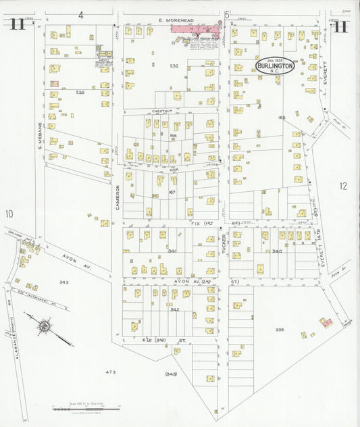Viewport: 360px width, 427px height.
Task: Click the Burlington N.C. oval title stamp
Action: [274, 66]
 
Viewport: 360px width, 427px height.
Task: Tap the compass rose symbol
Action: [44, 326]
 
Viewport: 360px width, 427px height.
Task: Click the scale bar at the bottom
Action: [86, 407]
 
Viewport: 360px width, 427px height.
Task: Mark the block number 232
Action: [174, 66]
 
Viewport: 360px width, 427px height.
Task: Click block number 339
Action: [280, 330]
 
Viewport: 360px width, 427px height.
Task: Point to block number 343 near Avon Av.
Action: [63, 282]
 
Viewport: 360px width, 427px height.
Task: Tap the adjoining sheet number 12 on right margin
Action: [343, 186]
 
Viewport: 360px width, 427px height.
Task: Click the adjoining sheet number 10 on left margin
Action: [9, 214]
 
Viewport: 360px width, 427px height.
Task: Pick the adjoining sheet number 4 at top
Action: [80, 14]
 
